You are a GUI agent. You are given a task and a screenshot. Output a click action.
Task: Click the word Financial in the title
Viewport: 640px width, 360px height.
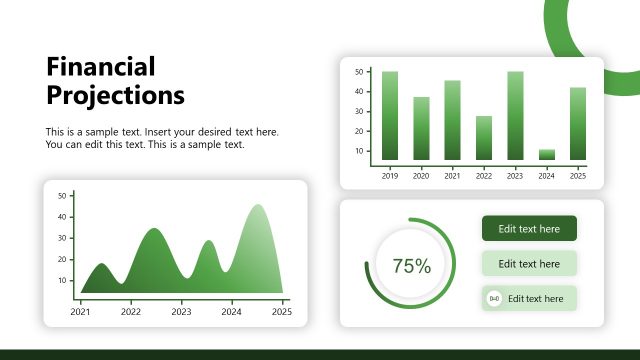101,67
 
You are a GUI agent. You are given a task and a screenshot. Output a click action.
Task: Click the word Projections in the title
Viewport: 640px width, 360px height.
116,95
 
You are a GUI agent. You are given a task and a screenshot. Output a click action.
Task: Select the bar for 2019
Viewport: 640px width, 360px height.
390,116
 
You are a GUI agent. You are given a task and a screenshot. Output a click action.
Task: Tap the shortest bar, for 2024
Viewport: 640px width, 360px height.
546,155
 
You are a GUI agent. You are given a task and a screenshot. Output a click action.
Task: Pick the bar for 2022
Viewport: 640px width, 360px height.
484,138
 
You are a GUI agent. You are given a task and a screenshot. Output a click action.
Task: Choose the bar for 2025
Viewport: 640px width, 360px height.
577,124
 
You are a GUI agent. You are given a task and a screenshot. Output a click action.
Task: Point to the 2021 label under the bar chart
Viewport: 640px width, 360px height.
452,176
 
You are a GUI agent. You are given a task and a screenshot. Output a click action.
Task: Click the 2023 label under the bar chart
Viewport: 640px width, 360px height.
515,176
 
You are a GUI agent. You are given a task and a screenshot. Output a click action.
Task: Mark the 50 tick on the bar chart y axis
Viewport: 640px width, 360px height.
358,72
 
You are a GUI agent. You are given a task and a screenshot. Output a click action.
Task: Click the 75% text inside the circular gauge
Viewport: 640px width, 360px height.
411,266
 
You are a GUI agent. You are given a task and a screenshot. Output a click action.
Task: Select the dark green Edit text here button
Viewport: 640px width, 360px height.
529,229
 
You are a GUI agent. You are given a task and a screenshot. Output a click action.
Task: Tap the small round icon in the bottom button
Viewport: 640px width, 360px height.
494,299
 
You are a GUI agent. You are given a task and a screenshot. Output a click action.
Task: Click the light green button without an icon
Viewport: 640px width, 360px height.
529,264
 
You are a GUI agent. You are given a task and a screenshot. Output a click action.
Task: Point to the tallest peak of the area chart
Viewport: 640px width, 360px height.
258,207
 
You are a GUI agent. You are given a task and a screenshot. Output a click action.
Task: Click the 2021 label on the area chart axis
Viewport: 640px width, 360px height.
80,312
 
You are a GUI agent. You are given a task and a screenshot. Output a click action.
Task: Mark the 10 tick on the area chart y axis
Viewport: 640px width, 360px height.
62,280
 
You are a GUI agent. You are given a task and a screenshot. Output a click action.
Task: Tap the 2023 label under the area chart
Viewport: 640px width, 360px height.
181,312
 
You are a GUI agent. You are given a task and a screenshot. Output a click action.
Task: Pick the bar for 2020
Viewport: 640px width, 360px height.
421,129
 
